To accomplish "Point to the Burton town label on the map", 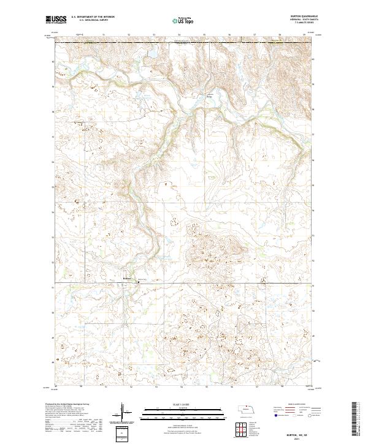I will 128,276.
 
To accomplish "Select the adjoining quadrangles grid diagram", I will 240,429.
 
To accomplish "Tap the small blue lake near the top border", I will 148,60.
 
